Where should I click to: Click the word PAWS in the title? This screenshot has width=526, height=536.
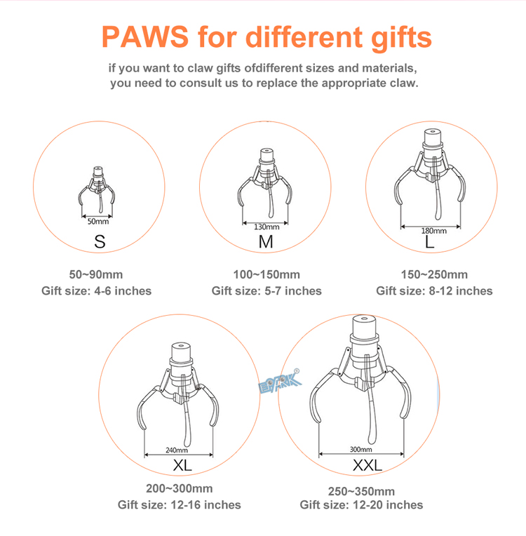pos(145,36)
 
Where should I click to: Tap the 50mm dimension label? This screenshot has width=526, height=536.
pos(98,222)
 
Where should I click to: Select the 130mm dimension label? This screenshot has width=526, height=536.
pos(267,227)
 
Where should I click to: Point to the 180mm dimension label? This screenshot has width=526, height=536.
pos(433,231)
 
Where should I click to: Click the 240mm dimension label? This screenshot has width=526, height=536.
pos(177,450)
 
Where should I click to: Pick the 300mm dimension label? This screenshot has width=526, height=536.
pos(361,449)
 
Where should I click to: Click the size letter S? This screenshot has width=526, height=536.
pos(100,241)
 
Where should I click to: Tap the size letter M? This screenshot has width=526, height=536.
pos(266,241)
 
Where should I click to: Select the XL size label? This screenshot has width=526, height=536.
pos(182,465)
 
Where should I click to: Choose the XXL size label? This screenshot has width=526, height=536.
pos(367,465)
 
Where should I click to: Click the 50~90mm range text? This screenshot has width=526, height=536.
pos(96,274)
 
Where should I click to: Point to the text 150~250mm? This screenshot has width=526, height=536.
pos(434,274)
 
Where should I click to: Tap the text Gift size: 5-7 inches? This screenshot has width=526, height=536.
pos(267,291)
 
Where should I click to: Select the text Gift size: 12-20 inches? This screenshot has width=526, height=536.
pos(361,505)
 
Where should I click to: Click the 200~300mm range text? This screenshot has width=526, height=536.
pos(179,488)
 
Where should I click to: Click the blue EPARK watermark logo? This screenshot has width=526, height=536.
pos(280,383)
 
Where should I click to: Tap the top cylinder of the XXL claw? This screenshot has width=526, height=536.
pos(364,326)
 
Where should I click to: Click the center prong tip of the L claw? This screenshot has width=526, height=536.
pos(438,217)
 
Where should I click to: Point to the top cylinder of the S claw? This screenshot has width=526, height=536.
pos(98,170)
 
